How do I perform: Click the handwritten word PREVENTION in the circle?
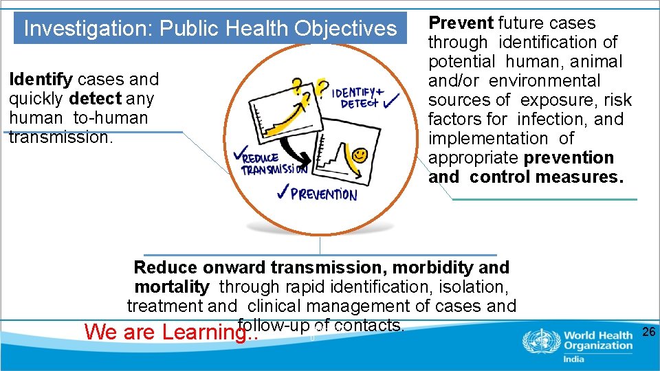324,194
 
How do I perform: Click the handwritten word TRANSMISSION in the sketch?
274,169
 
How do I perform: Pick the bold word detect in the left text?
95,99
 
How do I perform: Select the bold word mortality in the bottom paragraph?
172,286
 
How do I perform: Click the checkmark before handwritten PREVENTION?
282,194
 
